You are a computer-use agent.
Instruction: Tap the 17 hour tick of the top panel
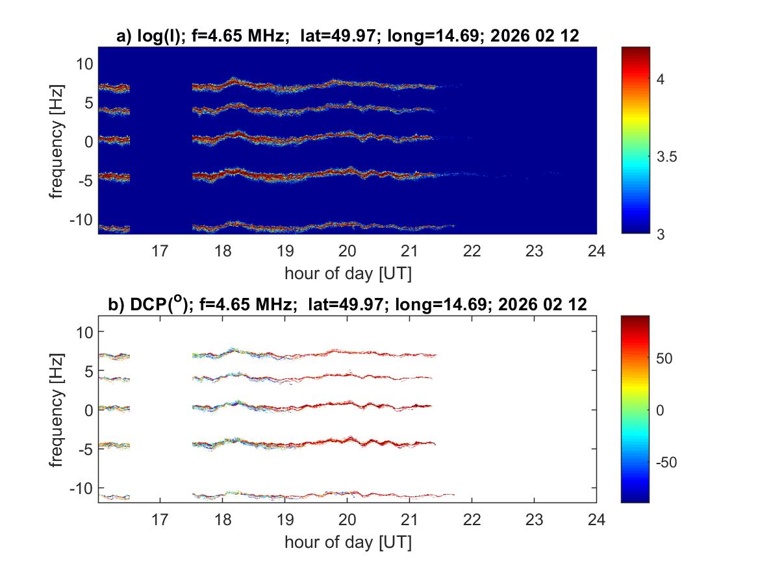pyautogui.click(x=160, y=250)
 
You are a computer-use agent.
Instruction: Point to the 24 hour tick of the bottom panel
pyautogui.click(x=596, y=519)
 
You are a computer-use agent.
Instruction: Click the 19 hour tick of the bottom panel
pyautogui.click(x=284, y=519)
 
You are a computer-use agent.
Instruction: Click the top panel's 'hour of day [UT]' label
pyautogui.click(x=347, y=273)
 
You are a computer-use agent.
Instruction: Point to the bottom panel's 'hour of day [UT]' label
pyautogui.click(x=347, y=542)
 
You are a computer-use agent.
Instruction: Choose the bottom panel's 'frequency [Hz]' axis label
pyautogui.click(x=60, y=409)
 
